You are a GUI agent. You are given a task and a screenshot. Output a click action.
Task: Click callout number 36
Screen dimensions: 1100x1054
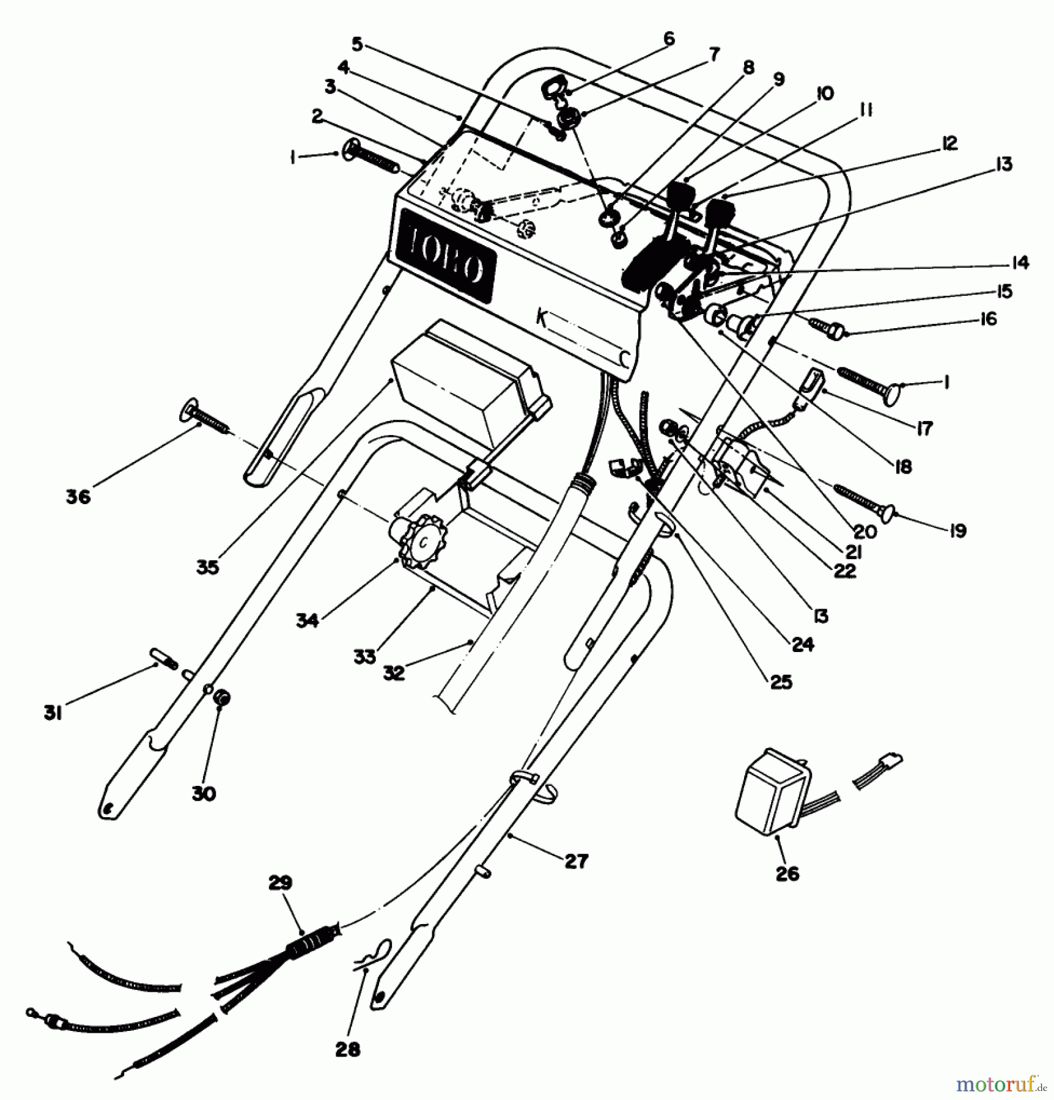78,496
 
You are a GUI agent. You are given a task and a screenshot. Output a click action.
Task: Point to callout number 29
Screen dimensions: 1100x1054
280,883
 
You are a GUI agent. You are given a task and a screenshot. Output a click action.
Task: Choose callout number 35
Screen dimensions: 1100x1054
207,567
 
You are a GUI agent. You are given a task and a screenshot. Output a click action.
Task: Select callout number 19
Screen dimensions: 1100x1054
958,530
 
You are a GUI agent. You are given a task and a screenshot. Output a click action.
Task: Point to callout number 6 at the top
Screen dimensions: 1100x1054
668,39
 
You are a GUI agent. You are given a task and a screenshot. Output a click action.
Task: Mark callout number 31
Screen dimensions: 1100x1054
53,713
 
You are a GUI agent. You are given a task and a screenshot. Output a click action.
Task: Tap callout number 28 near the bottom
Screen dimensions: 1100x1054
348,1049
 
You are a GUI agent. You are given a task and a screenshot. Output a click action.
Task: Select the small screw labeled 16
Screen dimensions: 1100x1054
828,327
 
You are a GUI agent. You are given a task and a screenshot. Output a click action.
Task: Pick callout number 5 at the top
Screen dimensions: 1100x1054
358,44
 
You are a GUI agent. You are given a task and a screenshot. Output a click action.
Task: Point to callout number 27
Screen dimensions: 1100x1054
576,861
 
